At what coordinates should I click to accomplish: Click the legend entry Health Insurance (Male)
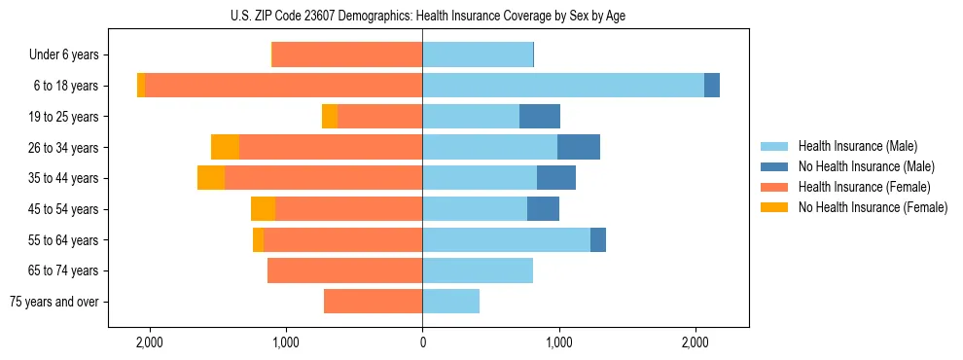tap(857, 146)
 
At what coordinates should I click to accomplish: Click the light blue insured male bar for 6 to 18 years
tap(563, 86)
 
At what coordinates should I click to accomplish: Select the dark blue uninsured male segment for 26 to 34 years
tap(579, 147)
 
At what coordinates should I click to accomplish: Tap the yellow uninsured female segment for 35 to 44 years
tap(211, 178)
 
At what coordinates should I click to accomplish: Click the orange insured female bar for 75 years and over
tap(373, 302)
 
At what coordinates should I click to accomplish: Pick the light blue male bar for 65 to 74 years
tap(478, 270)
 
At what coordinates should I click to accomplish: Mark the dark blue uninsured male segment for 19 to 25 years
tap(540, 117)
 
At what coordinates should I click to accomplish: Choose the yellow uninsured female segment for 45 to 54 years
tap(263, 209)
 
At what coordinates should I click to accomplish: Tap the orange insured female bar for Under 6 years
tap(347, 54)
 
